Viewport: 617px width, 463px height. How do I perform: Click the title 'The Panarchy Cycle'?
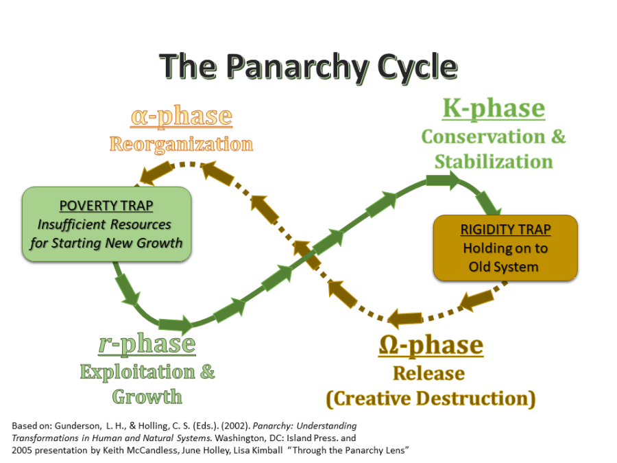click(x=308, y=67)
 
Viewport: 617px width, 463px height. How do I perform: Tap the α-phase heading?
click(x=181, y=116)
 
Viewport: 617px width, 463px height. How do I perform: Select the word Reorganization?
click(x=181, y=144)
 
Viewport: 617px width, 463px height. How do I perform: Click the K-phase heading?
click(x=493, y=108)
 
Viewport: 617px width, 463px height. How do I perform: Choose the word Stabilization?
click(x=493, y=162)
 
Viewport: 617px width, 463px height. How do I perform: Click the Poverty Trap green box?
click(x=106, y=224)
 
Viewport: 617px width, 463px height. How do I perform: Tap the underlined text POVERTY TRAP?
click(x=106, y=206)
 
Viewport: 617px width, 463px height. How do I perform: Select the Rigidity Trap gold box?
click(x=505, y=248)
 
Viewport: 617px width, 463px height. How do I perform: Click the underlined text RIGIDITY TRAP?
click(x=505, y=230)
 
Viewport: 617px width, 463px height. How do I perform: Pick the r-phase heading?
click(x=147, y=344)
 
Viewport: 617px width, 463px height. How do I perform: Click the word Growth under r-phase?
click(x=147, y=396)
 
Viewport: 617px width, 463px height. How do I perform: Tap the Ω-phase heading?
click(x=431, y=346)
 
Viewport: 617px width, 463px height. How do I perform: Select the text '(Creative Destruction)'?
click(x=430, y=399)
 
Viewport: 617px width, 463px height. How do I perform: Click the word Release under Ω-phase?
click(x=428, y=373)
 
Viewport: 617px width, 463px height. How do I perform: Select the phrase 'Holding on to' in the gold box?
click(x=505, y=248)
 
